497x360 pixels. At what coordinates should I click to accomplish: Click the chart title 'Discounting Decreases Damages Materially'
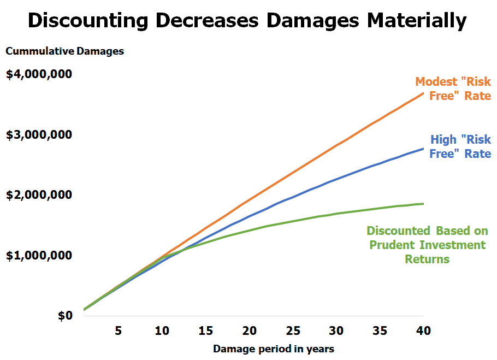247,20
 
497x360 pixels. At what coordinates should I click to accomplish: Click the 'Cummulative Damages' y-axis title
65,51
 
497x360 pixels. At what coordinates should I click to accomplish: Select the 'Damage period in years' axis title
274,348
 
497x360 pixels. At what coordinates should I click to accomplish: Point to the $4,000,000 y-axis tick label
39,74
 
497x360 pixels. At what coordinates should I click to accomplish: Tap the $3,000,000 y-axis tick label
39,134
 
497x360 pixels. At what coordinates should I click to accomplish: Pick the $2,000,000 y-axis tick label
39,195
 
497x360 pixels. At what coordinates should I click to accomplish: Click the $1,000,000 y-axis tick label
39,255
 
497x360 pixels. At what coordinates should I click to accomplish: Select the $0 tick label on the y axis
65,316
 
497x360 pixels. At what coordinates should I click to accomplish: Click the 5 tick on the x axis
118,331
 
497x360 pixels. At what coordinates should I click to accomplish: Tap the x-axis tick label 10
162,331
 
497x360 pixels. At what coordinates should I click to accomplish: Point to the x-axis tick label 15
205,331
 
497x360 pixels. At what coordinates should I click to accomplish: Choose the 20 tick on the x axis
249,331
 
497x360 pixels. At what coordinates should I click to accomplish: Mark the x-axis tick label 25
293,331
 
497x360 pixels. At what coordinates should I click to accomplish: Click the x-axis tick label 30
336,331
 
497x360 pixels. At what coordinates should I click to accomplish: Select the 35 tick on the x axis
380,331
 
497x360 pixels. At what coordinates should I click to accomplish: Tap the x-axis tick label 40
423,331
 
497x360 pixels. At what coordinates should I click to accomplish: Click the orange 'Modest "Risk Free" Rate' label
453,88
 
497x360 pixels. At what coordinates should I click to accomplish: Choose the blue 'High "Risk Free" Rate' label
460,146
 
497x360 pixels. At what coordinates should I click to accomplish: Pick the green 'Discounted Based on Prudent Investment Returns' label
427,245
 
